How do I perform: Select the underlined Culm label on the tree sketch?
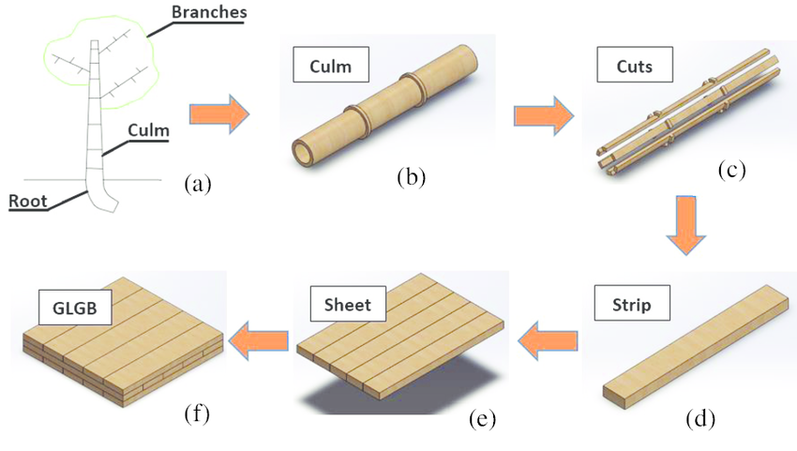pos(148,131)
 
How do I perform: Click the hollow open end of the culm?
pos(304,152)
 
